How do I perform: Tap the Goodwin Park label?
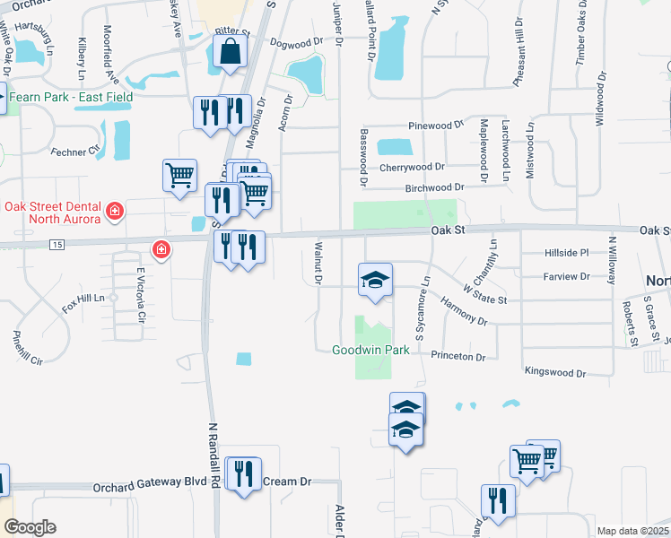[x=370, y=350]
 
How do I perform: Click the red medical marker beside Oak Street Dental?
[x=115, y=212]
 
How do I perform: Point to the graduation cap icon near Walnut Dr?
[x=376, y=279]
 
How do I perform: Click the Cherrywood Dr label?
[x=412, y=167]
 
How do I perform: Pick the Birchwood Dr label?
[x=432, y=187]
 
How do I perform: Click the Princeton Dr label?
[x=457, y=356]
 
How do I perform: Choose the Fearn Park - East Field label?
[x=72, y=97]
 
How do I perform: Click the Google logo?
[x=30, y=527]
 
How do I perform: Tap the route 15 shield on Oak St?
[x=57, y=245]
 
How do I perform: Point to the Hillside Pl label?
[x=565, y=254]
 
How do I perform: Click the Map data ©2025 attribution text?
[x=632, y=531]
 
